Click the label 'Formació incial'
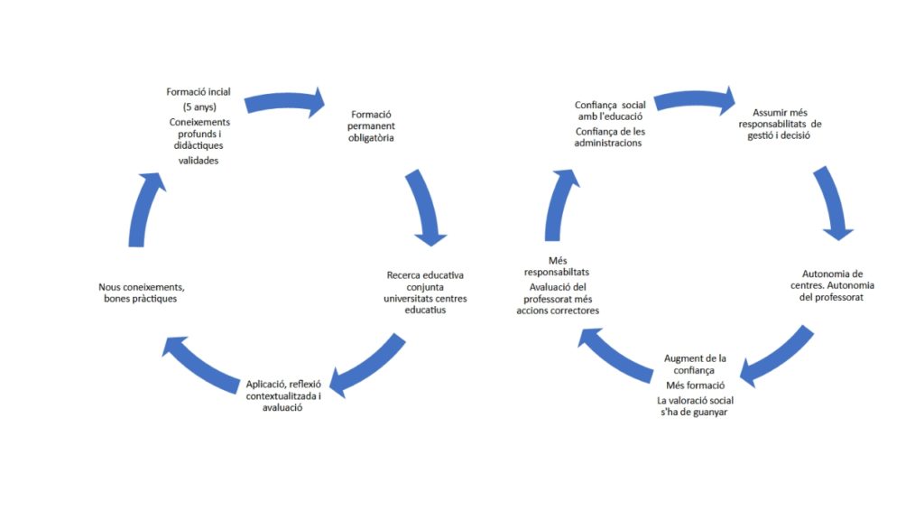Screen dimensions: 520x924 tap(199, 92)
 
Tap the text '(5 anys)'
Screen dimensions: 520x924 tap(199, 107)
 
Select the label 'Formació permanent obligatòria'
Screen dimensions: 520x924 tap(371, 126)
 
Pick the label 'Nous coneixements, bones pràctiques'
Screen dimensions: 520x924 tap(143, 292)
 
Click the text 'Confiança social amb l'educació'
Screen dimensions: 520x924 tap(609, 110)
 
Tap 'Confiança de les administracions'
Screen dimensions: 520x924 tap(609, 137)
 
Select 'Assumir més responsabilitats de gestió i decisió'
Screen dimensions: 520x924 tap(781, 124)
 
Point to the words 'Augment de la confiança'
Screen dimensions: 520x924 tap(695, 364)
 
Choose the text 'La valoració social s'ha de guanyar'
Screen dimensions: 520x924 tap(694, 406)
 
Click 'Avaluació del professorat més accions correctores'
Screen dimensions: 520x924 tap(558, 299)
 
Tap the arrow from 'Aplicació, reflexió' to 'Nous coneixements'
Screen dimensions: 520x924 tap(196, 360)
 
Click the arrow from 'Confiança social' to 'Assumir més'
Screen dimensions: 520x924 tap(695, 99)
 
